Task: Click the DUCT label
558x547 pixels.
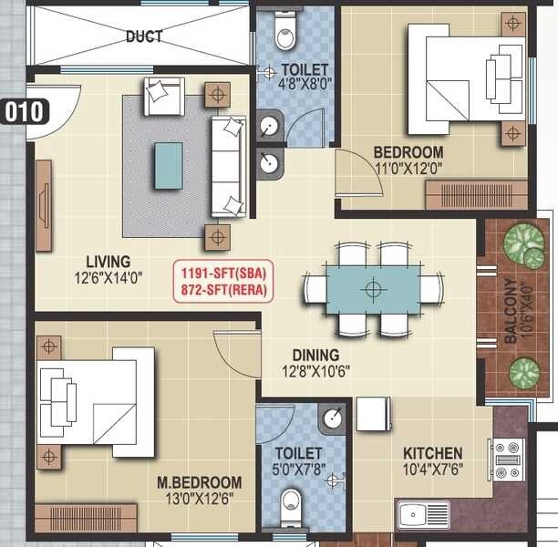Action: click(144, 36)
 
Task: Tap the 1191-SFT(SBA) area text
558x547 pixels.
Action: click(224, 270)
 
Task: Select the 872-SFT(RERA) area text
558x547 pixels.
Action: click(224, 287)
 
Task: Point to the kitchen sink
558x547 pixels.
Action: click(422, 514)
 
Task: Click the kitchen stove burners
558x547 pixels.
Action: click(506, 459)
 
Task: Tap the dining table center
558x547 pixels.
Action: click(372, 290)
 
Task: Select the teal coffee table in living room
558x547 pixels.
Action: click(169, 165)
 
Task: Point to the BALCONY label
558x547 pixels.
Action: click(511, 311)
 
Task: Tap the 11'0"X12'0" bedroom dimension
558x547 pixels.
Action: click(408, 168)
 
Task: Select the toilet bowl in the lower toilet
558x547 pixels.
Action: click(291, 507)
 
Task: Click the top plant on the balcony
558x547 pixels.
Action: click(523, 243)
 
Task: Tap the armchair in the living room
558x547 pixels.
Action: click(164, 95)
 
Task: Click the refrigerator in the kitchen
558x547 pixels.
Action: click(373, 413)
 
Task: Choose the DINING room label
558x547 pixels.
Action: click(315, 355)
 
